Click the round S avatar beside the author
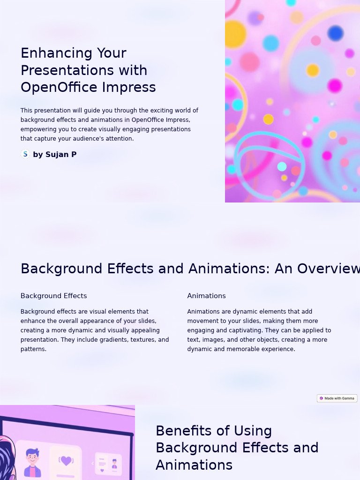coord(25,154)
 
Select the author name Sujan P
coord(61,155)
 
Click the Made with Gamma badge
coord(337,398)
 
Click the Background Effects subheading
coord(53,296)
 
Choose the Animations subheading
coord(206,296)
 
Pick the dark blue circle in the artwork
coord(336,33)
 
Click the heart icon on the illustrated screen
coord(66,461)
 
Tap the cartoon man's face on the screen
coord(32,457)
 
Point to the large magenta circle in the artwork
coord(335,86)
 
